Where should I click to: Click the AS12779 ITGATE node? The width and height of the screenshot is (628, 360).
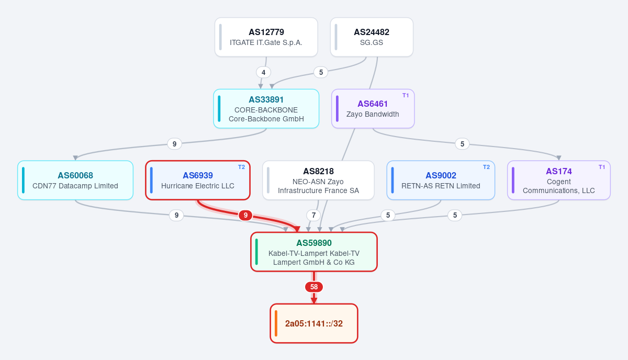tap(266, 37)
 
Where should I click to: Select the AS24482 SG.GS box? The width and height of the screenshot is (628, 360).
tap(372, 37)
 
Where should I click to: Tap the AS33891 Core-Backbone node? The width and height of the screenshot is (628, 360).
tap(266, 109)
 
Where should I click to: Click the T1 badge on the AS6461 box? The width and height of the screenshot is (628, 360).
tap(406, 96)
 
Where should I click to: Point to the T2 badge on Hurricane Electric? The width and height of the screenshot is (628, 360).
tap(241, 167)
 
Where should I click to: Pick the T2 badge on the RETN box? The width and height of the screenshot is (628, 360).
tap(486, 167)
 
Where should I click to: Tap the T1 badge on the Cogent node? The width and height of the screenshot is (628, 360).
tap(602, 167)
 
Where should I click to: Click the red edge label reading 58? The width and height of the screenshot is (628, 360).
tap(314, 287)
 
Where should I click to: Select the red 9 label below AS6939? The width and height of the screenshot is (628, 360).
tap(245, 216)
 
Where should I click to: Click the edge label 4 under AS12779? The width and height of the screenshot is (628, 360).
tap(264, 72)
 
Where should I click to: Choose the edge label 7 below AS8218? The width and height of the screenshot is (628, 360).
tap(313, 216)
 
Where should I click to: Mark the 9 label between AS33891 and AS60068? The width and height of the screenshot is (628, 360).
tap(174, 144)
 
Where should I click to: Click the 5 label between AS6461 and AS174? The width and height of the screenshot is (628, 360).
tap(462, 144)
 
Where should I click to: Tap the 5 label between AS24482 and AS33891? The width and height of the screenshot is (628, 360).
tap(321, 72)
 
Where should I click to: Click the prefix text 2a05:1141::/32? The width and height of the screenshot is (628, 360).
tap(313, 323)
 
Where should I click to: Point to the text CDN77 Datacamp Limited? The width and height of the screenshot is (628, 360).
tap(75, 186)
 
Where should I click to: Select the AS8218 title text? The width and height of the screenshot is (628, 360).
tap(318, 171)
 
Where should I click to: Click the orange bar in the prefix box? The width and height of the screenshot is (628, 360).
tap(276, 323)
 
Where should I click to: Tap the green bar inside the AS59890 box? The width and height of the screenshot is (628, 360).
tap(256, 252)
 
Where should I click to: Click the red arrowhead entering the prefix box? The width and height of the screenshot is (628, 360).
tap(314, 300)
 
